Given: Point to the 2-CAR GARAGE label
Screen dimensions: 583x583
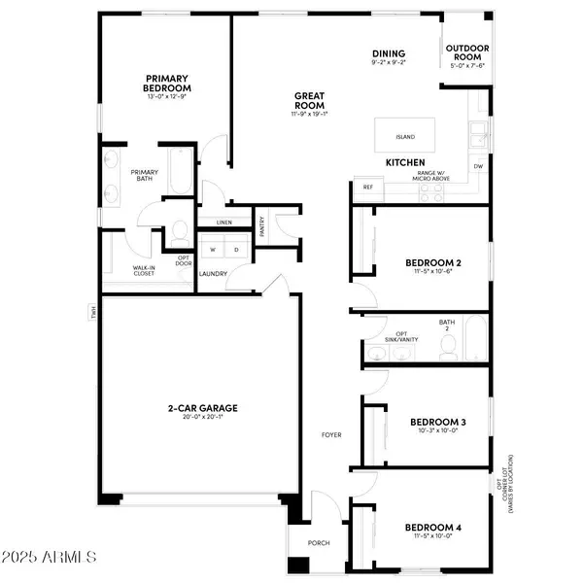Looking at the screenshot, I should tap(202, 408).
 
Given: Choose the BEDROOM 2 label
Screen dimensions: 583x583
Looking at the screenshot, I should tap(432, 262).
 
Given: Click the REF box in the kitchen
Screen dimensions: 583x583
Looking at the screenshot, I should tap(368, 187).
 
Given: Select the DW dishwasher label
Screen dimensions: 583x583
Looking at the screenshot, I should tap(478, 166).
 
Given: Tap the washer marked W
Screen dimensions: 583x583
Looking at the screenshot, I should tap(212, 250).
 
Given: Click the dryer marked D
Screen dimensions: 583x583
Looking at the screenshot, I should tap(235, 250).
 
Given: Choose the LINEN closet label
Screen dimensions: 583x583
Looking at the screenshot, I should tap(224, 223).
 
